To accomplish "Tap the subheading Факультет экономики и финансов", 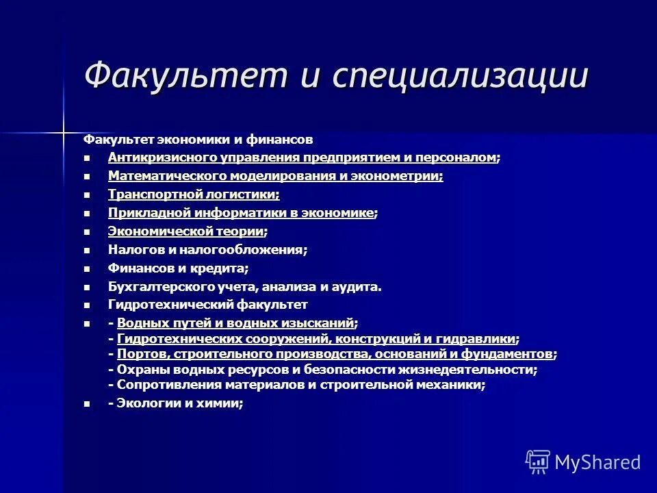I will (x=198, y=140).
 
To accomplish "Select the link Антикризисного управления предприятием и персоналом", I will (x=302, y=157).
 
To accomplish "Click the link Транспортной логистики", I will (x=193, y=194).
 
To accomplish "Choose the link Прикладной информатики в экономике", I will (x=241, y=213).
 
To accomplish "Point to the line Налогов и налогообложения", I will (x=207, y=250).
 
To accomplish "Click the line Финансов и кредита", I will (x=178, y=268).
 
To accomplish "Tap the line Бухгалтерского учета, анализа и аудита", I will (x=244, y=287).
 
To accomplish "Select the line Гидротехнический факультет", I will (x=207, y=305).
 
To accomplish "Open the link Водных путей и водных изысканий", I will (x=235, y=323).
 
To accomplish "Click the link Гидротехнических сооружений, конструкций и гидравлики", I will (x=316, y=338).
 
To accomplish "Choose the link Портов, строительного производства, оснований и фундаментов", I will (x=335, y=354).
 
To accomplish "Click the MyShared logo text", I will (x=597, y=462).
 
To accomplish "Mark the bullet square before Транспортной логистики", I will (x=86, y=195).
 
